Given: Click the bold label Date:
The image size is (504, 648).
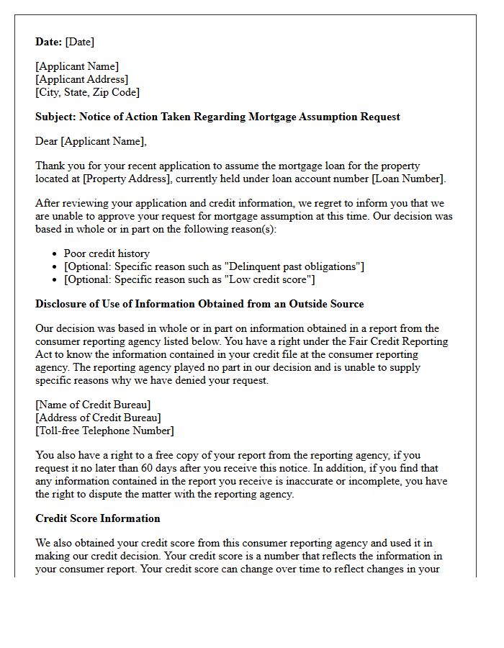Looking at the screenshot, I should pyautogui.click(x=49, y=42).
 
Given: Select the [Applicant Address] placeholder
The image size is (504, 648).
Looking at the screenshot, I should pyautogui.click(x=81, y=79).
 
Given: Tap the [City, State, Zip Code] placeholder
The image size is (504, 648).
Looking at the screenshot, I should pyautogui.click(x=87, y=92).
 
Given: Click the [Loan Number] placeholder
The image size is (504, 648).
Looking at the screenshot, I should pyautogui.click(x=409, y=179).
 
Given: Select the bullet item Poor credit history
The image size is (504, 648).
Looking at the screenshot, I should pyautogui.click(x=107, y=253).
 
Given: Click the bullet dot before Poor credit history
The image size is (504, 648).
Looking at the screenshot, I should pyautogui.click(x=55, y=254).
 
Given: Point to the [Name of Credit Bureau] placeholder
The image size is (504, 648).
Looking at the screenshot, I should pyautogui.click(x=93, y=405).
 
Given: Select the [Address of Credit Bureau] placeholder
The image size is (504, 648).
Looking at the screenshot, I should pyautogui.click(x=98, y=418).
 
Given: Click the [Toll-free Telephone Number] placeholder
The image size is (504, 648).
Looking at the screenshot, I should pyautogui.click(x=104, y=431).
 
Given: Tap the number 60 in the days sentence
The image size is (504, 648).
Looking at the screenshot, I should pyautogui.click(x=162, y=468).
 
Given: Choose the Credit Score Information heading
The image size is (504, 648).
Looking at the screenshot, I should pyautogui.click(x=98, y=518).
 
